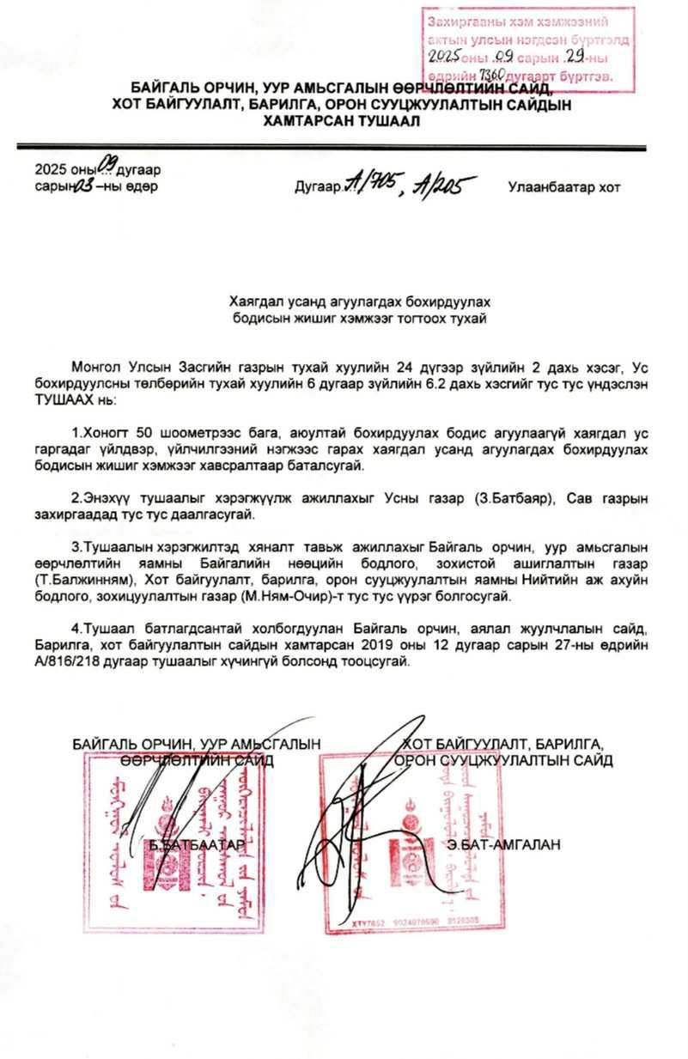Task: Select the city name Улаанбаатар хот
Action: point(563,186)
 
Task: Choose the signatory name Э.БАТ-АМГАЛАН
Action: point(503,845)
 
